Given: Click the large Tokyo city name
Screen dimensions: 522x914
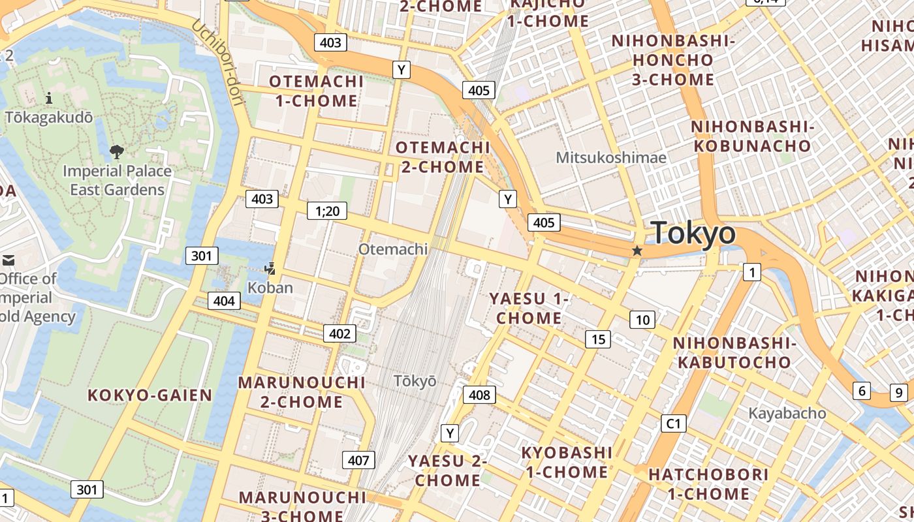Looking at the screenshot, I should coord(693,233).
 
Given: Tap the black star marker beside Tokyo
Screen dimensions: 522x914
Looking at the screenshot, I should coord(637,251).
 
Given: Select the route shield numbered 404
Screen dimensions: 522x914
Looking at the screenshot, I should coord(224,301).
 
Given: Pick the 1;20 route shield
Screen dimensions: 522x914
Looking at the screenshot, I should coord(327,210).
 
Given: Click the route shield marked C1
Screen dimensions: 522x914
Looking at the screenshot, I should coord(674,423).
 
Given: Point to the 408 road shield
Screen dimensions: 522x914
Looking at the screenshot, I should coord(479,394).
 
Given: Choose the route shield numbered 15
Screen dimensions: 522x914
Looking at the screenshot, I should coord(598,339).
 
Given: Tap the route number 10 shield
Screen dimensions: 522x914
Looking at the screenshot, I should coord(643,319).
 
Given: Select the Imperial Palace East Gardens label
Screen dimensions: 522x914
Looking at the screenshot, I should coord(118,180).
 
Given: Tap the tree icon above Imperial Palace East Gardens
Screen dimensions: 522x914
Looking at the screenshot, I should coord(117,152).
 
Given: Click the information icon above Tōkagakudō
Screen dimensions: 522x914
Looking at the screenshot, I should coord(49,99).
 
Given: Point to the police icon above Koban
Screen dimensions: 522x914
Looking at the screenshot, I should coord(270,268).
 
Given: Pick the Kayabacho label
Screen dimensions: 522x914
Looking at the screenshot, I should coord(787,413).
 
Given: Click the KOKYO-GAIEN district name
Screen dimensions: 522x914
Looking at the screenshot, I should coord(150,395).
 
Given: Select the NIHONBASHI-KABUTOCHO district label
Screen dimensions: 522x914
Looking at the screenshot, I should coord(734,352).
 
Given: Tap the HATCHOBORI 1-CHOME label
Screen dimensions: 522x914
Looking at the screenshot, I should coord(708,484).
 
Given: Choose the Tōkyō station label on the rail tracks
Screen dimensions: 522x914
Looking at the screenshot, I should coord(415,380).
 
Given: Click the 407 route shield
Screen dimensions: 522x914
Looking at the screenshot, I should coord(358,460).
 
